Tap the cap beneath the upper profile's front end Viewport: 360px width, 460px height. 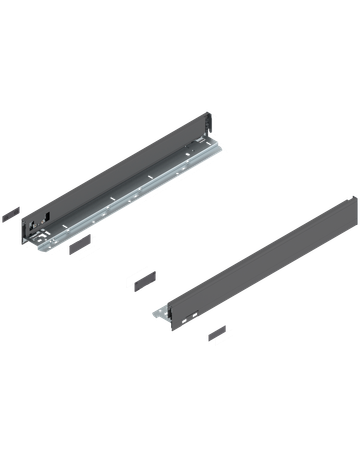point(77,244)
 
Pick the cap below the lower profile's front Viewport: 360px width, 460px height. point(218,333)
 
